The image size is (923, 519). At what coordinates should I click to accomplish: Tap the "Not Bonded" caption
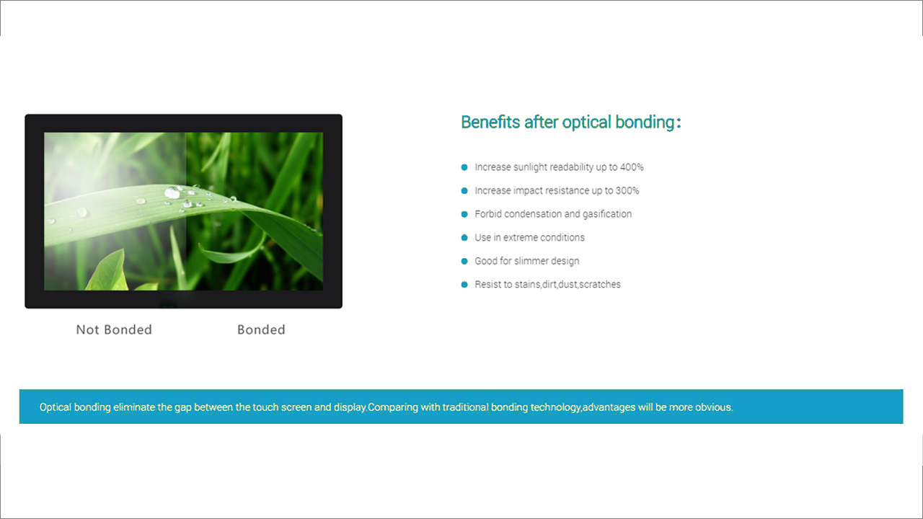point(114,329)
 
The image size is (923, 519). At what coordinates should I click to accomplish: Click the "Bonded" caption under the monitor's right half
point(261,329)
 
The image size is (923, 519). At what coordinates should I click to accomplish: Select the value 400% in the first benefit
point(632,167)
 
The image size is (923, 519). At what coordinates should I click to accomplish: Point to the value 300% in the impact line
point(627,191)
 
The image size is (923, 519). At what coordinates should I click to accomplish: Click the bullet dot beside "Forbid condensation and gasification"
point(464,214)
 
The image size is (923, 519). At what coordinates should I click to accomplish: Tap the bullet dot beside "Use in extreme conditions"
point(464,238)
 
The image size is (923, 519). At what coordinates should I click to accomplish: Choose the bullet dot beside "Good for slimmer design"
point(464,261)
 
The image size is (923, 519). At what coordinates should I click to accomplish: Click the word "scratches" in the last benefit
point(600,285)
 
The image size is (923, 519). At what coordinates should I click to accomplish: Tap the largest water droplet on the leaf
point(172,192)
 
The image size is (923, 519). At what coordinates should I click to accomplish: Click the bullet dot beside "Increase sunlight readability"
point(464,167)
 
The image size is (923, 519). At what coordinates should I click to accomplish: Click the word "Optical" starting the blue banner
point(55,407)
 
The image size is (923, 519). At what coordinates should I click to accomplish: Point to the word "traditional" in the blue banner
point(465,407)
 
